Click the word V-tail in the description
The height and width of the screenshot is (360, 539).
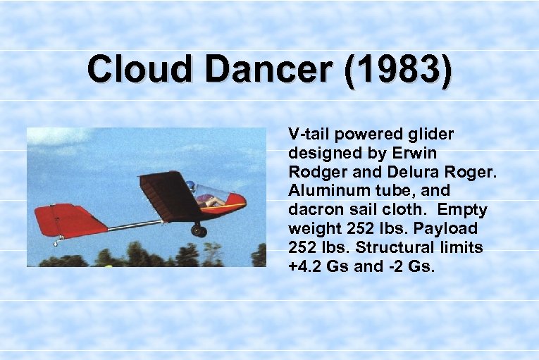tap(307, 134)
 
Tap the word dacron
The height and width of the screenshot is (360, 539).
tap(310, 210)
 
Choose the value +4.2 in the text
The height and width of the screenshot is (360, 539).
tap(304, 267)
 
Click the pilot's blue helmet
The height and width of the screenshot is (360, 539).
tap(190, 186)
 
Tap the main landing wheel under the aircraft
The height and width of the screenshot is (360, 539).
tap(199, 230)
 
